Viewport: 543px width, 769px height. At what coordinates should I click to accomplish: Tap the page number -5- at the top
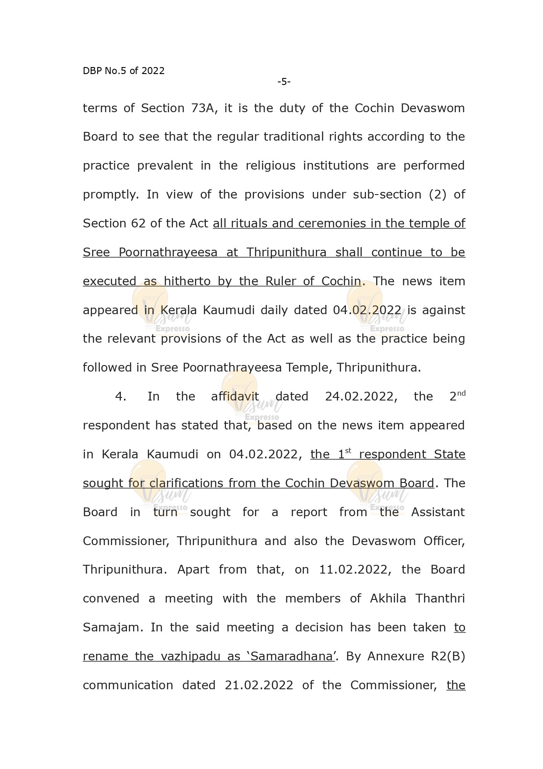(284, 82)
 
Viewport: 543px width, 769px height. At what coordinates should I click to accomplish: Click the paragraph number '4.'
(121, 397)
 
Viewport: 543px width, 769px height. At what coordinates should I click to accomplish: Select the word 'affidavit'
(235, 397)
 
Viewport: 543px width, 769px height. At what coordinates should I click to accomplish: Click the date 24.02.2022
(361, 397)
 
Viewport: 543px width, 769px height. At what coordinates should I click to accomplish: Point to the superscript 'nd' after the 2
(461, 393)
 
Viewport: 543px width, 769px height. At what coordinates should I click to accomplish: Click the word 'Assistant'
(438, 512)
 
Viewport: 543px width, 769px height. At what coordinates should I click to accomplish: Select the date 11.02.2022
(353, 570)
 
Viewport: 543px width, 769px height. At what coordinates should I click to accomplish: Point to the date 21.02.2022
(259, 685)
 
